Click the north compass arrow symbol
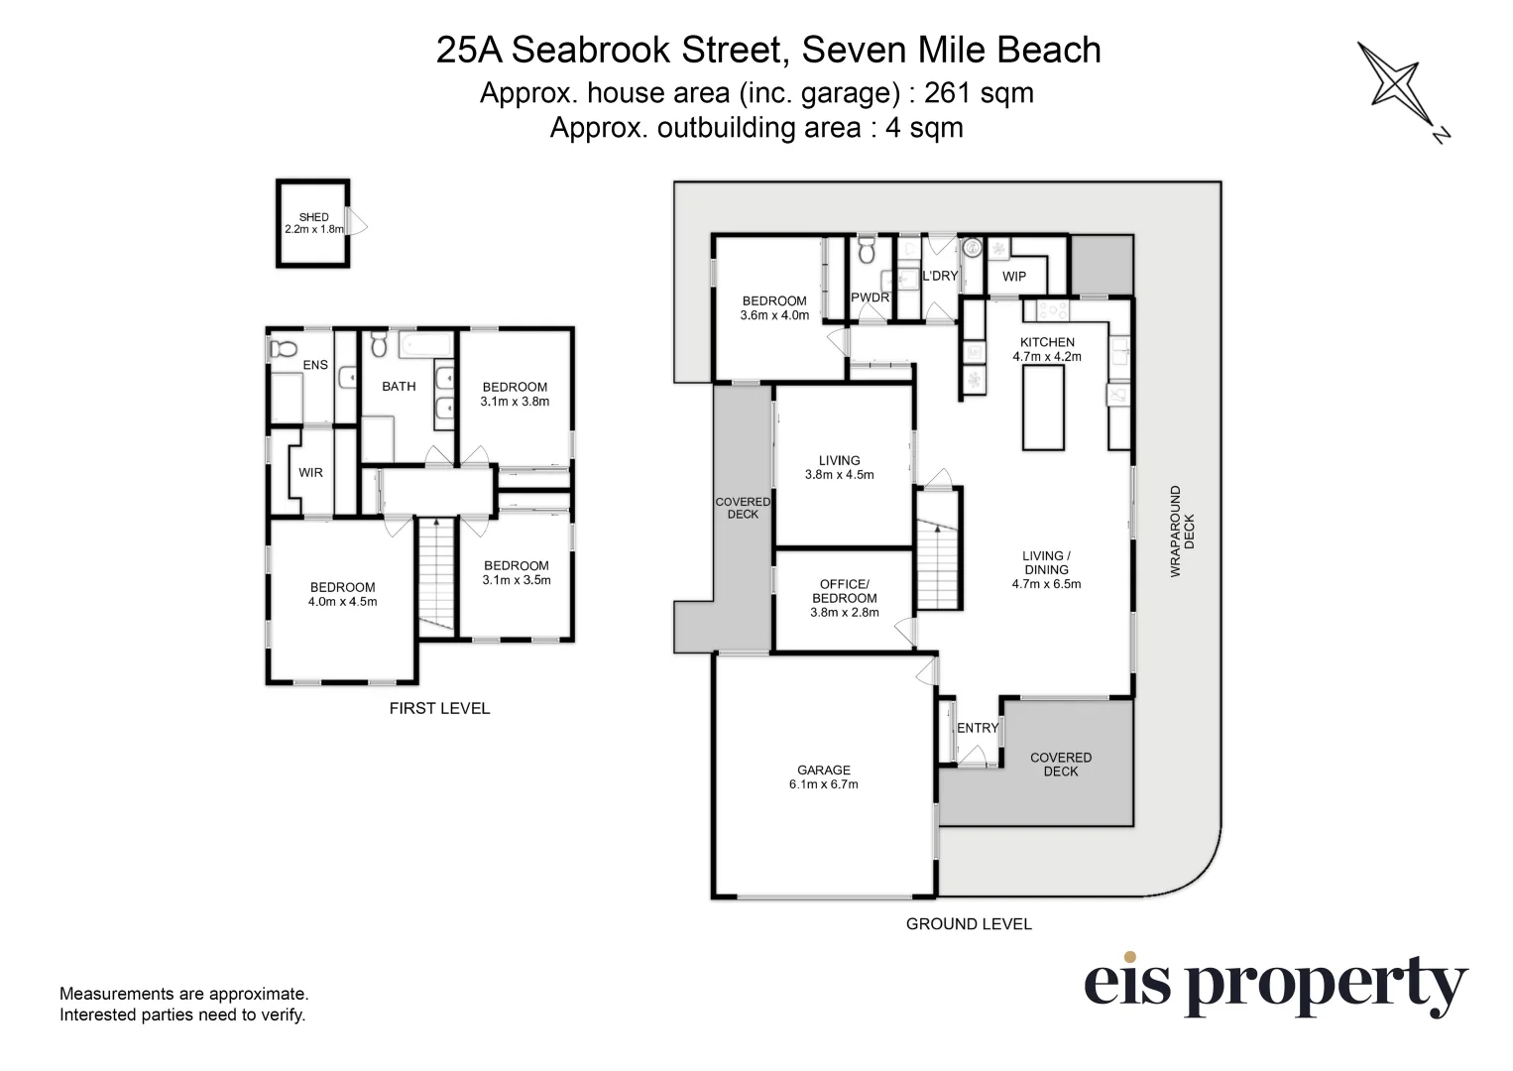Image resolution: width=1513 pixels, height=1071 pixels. click(1402, 90)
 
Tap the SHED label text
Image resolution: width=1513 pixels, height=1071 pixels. click(314, 217)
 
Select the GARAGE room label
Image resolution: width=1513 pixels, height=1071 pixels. click(823, 770)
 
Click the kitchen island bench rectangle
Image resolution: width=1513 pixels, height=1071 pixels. click(1043, 407)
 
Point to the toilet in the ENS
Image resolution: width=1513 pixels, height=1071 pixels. click(284, 349)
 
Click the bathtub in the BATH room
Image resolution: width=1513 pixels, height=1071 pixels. click(425, 345)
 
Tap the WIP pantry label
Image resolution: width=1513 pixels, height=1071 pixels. click(1014, 276)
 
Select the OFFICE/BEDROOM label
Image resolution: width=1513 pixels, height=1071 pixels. click(845, 591)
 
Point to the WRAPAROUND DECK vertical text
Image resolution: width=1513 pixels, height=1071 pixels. click(1183, 532)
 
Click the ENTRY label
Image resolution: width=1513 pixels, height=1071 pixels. click(978, 728)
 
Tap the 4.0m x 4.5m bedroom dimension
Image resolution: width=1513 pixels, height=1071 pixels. click(342, 601)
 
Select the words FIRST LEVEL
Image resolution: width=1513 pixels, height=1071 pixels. click(439, 708)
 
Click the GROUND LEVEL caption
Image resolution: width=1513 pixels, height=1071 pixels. click(969, 923)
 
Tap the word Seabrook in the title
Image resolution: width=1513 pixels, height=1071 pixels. click(590, 50)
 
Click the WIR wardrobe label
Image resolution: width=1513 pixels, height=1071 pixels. click(310, 472)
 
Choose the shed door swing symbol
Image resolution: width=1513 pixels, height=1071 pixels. click(356, 221)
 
